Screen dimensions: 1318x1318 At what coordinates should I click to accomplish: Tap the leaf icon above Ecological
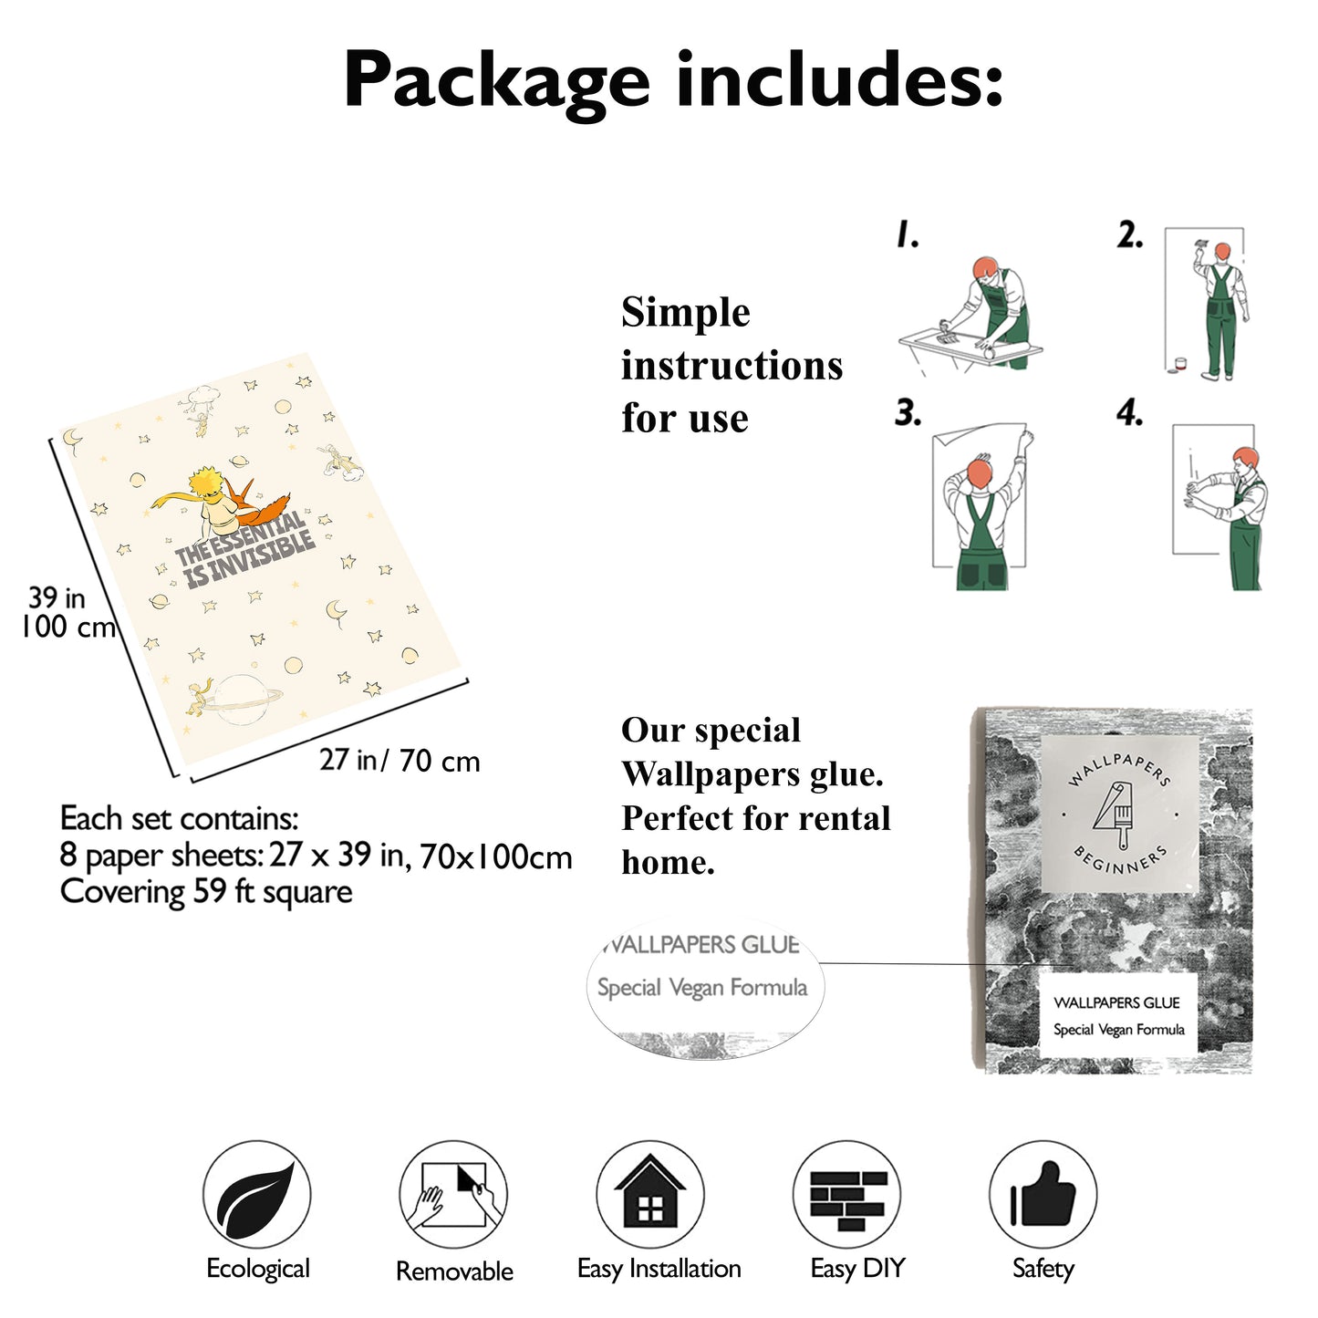[x=256, y=1195]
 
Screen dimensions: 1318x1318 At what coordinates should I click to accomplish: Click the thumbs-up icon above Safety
[x=1043, y=1195]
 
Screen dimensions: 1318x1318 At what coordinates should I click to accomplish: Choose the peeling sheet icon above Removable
[x=453, y=1195]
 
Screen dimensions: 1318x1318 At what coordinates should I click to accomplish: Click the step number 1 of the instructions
[x=908, y=234]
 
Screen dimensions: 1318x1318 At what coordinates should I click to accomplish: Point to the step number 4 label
[x=1129, y=413]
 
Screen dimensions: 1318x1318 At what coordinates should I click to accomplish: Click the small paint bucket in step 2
[x=1180, y=365]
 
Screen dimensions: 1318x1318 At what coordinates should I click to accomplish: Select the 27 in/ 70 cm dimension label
[x=400, y=761]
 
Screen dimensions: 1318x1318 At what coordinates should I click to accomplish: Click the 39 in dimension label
[x=57, y=597]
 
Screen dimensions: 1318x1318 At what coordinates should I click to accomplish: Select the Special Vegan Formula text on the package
[x=1119, y=1030]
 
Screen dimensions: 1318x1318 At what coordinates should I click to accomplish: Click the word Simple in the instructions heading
[x=685, y=314]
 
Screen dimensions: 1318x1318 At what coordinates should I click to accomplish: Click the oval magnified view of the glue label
[x=705, y=988]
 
